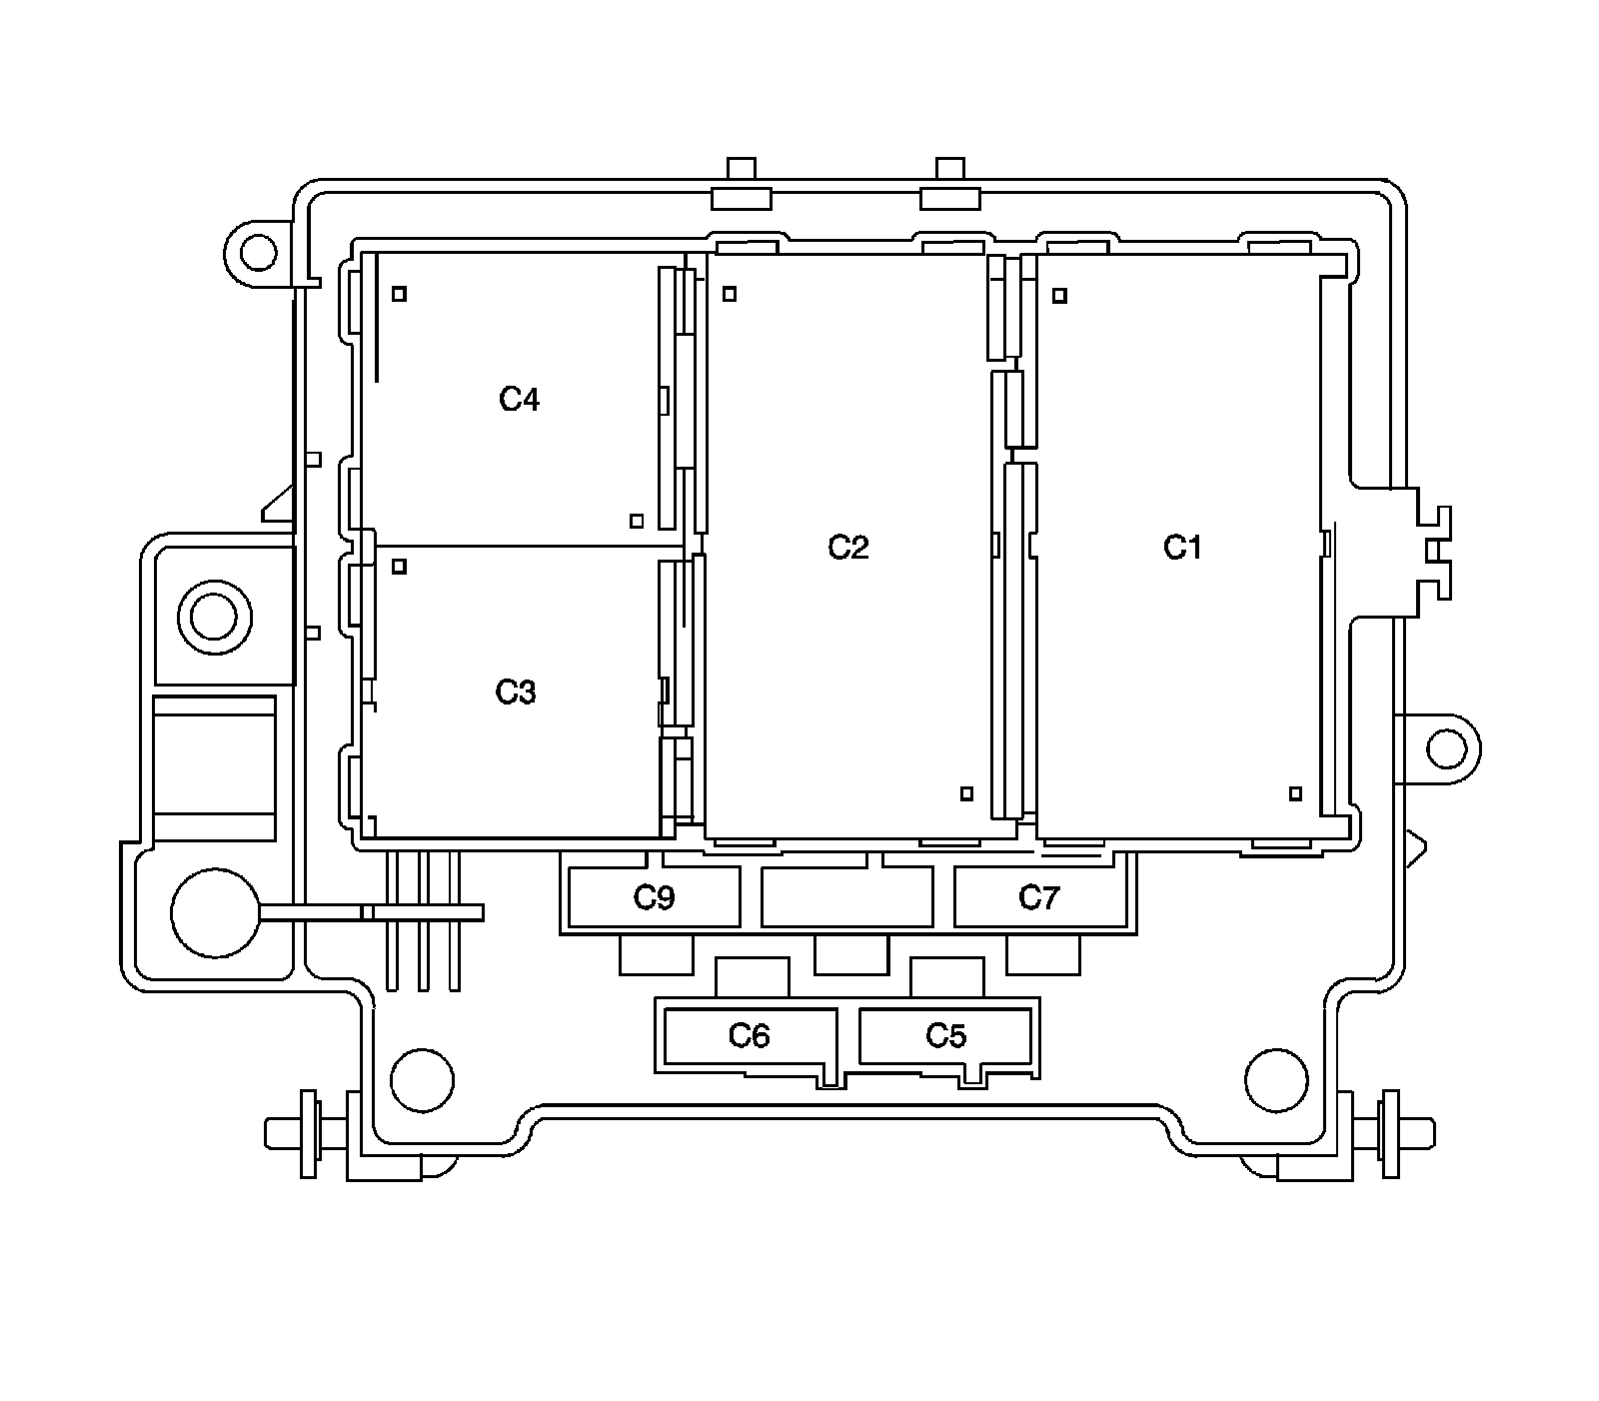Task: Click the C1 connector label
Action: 1182,548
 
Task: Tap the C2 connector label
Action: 848,548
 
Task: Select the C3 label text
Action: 516,692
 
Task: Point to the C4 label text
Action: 520,400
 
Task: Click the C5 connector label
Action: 945,1035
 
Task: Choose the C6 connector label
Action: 749,1035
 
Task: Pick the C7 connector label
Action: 1038,898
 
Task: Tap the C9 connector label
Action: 655,898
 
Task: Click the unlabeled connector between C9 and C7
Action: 847,896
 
